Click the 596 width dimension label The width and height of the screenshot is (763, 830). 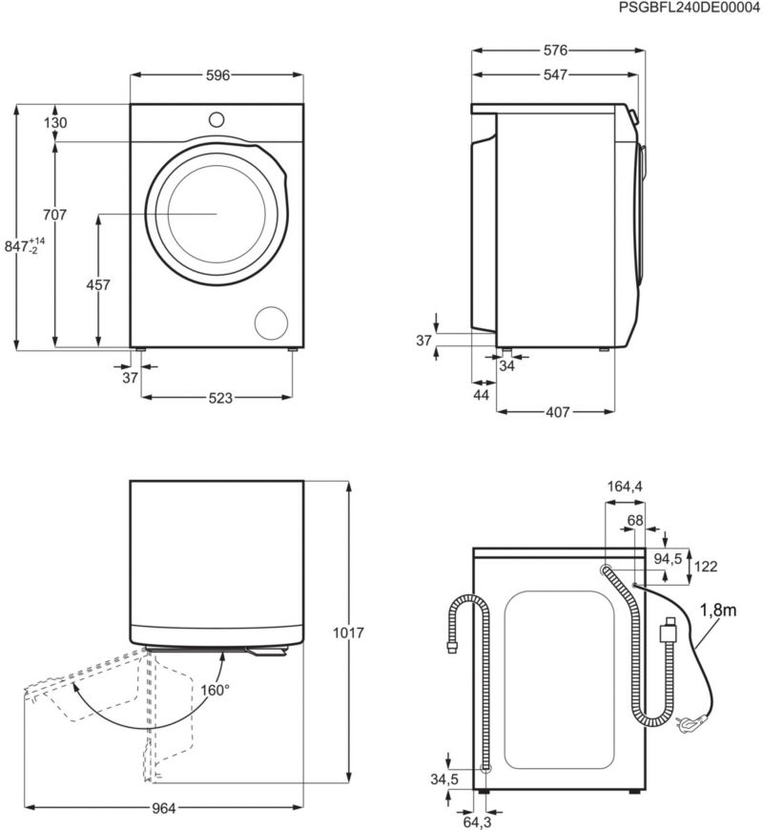click(x=217, y=75)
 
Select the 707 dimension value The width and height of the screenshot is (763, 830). click(x=55, y=215)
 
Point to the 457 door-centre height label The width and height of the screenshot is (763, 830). click(x=98, y=285)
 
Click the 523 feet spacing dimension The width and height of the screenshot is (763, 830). click(x=220, y=398)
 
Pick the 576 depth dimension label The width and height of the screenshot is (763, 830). click(x=556, y=51)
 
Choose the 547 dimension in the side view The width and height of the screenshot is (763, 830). click(x=556, y=75)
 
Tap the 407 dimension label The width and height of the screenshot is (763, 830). click(x=558, y=412)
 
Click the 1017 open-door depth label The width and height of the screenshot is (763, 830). click(x=348, y=633)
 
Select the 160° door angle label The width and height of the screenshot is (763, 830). click(x=216, y=691)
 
